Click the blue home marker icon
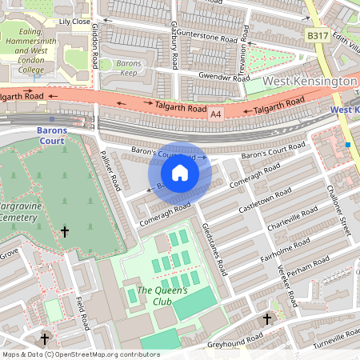(x=180, y=173)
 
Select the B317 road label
(x=318, y=36)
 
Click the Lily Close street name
(x=75, y=23)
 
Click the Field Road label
(x=81, y=312)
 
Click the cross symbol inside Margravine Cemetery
(x=65, y=232)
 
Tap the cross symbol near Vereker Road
(x=267, y=318)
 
